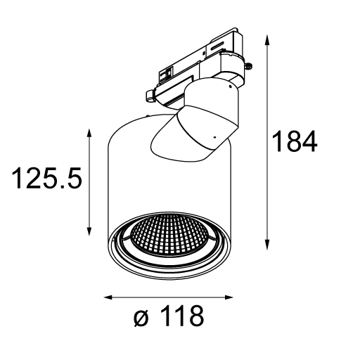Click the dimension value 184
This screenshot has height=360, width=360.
(x=295, y=141)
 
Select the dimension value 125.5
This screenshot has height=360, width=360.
(x=47, y=178)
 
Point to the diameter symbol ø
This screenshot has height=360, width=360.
(x=141, y=318)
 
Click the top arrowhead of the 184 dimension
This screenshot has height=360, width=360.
(x=267, y=39)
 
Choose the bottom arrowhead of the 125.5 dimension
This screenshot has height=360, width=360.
(x=89, y=231)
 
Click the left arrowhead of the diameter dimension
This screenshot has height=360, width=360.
(x=109, y=297)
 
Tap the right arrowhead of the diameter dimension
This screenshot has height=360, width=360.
(x=229, y=297)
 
